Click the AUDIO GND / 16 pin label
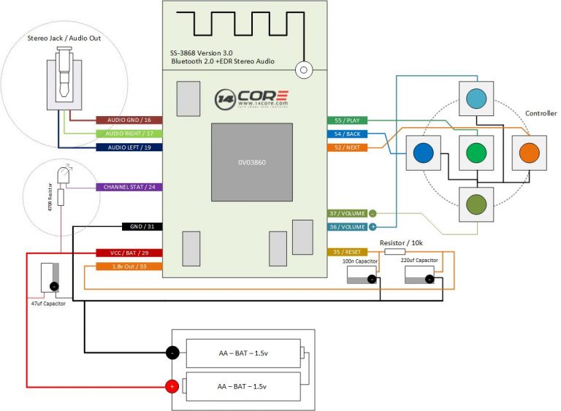coord(129,120)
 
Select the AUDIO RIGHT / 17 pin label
coord(129,134)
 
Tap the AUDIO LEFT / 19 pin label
coord(129,147)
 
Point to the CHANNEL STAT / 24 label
coord(129,187)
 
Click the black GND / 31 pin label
coord(140,227)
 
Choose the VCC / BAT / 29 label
coord(129,253)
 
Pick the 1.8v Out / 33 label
coord(129,266)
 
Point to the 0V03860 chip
coord(251,162)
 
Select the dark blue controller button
coord(422,153)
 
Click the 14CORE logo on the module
coord(252,99)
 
